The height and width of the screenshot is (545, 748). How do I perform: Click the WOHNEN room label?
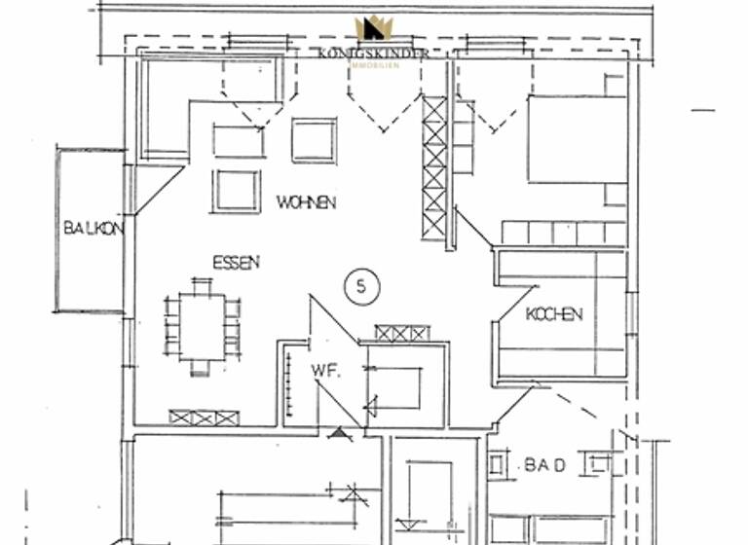coord(306,202)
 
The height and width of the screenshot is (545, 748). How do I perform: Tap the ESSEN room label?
coord(237,263)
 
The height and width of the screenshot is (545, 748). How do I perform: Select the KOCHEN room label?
coord(553,313)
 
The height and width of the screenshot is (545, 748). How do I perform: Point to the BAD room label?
coord(545,465)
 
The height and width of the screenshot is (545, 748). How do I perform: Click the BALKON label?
coord(93,230)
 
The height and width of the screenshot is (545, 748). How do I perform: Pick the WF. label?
coord(324,370)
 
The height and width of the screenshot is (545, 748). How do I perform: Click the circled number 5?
coord(361,286)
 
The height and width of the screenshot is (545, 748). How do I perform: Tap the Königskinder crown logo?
coord(373,30)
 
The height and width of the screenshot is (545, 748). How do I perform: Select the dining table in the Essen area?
coord(203,326)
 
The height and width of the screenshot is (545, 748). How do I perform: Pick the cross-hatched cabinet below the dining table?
coord(204,418)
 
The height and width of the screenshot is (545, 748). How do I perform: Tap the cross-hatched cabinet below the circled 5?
coord(401,333)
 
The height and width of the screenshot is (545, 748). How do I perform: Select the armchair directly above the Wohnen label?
coord(314,140)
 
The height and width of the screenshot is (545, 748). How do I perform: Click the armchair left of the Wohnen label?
coord(237,190)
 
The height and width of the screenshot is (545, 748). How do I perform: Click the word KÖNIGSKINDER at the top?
coord(373,54)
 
